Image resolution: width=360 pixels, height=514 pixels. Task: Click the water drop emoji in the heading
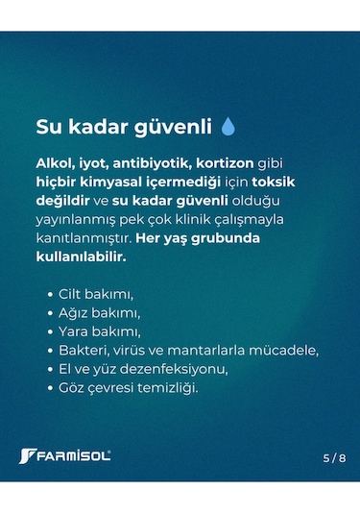pyautogui.click(x=228, y=126)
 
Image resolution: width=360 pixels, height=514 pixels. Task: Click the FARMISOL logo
pyautogui.click(x=65, y=454)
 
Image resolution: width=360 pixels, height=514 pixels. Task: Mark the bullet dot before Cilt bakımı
pyautogui.click(x=48, y=294)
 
